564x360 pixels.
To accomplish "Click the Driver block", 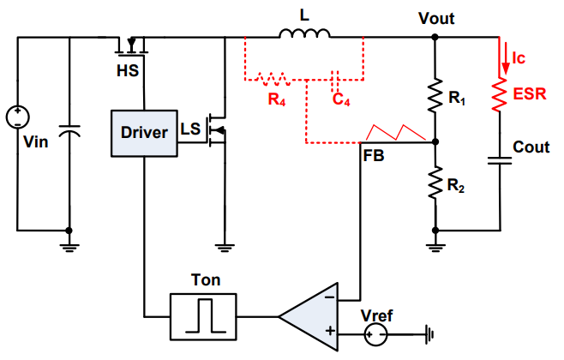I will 144,134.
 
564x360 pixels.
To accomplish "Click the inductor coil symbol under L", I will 305,34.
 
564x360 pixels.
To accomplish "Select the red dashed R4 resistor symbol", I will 273,81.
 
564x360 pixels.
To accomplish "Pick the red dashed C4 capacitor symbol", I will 337,81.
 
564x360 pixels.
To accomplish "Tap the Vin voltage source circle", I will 16,117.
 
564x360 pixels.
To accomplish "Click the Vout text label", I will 436,18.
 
